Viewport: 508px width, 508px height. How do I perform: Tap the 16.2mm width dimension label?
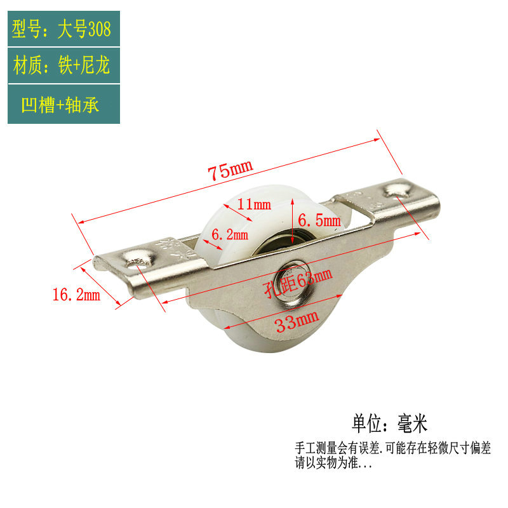point(76,294)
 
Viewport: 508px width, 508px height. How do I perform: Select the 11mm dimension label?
point(253,204)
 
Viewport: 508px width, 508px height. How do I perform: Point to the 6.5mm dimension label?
point(319,220)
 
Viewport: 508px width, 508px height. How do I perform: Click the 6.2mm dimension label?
point(229,234)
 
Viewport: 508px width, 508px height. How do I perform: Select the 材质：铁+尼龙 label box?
point(63,66)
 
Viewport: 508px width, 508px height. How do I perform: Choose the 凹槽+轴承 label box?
point(63,104)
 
